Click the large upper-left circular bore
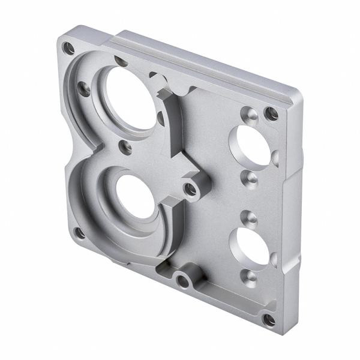130,99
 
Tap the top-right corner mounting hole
272,113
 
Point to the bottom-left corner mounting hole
78,232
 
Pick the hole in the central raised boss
191,190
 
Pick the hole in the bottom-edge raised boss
182,279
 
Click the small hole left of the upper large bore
85,90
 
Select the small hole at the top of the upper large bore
121,62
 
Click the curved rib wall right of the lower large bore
169,231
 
